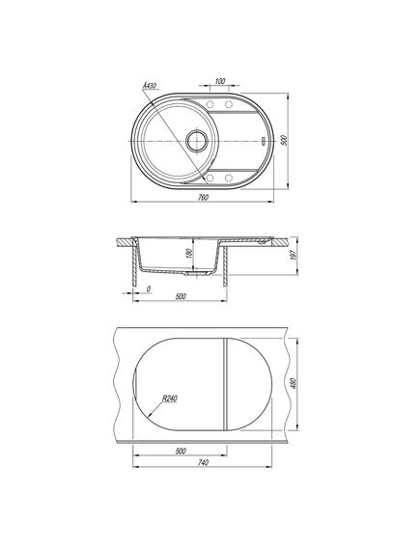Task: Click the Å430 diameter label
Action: pyautogui.click(x=150, y=86)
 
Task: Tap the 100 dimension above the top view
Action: pyautogui.click(x=219, y=81)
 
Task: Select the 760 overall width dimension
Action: pyautogui.click(x=203, y=198)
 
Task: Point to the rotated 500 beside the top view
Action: pyautogui.click(x=284, y=141)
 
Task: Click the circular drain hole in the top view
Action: pyautogui.click(x=197, y=141)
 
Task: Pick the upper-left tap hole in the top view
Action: pyautogui.click(x=210, y=104)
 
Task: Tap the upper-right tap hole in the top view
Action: pyautogui.click(x=229, y=104)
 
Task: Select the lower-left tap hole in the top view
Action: pyautogui.click(x=210, y=178)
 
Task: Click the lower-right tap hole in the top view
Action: pyautogui.click(x=229, y=178)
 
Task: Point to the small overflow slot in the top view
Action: pyautogui.click(x=263, y=141)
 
